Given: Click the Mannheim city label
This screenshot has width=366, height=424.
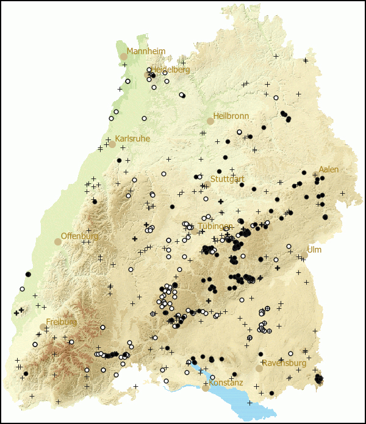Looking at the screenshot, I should tap(146, 52).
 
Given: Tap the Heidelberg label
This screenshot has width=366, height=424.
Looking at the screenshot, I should tap(170, 70).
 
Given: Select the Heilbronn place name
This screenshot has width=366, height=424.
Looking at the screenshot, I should tap(231, 116).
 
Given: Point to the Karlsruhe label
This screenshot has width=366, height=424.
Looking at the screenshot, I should tap(132, 139).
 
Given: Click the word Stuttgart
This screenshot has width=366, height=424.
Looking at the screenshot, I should tap(228, 180).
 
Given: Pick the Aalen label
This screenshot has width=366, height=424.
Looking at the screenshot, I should tap(328, 169).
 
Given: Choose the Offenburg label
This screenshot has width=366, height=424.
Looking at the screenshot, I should tap(79, 236).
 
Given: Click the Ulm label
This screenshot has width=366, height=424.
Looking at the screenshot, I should tap(314, 250).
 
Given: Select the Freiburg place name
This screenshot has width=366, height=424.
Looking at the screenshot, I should tap(62, 322).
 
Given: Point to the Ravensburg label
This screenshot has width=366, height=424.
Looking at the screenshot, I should tap(284, 364).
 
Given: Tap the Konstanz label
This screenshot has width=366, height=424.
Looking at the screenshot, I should tap(226, 383).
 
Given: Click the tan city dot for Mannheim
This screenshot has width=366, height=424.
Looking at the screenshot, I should tap(124, 57).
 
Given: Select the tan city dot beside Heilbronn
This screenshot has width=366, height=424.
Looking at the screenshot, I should tap(210, 121).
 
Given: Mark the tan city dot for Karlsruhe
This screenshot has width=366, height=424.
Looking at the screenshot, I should tap(112, 144).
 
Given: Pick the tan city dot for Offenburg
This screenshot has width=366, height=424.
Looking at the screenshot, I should tap(58, 242).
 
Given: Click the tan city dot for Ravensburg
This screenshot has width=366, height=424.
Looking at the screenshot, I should tap(259, 369).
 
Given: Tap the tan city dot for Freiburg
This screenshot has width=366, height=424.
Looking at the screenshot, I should tap(43, 327).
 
